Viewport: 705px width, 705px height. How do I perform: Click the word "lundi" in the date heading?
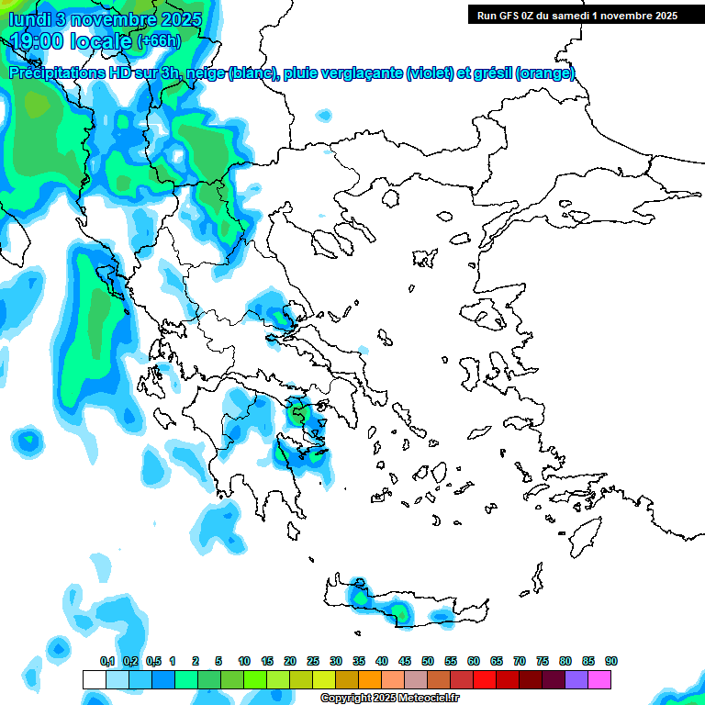(29, 19)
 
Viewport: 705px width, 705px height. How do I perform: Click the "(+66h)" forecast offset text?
(159, 41)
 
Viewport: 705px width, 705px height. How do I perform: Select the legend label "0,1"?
(107, 662)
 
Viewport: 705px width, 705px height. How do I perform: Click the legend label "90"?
(611, 662)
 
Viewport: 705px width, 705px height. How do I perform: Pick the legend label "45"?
(405, 662)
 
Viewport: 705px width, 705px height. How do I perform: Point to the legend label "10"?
(244, 662)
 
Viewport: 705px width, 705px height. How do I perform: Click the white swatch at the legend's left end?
(94, 679)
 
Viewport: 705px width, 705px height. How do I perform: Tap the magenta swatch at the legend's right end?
(599, 679)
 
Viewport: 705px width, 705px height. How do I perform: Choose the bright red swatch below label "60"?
(485, 679)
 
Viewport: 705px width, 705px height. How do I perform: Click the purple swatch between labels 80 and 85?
(576, 679)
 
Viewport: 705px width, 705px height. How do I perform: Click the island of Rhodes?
(582, 532)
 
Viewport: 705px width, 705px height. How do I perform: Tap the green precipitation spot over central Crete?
(399, 610)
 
